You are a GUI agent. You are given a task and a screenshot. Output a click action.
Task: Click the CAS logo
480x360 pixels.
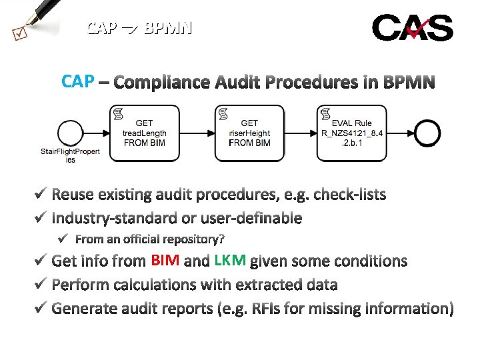[x=412, y=28]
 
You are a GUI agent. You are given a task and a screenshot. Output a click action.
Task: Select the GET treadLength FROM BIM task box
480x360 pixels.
[x=145, y=133]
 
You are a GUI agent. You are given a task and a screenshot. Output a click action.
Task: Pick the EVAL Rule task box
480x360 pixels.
[x=352, y=133]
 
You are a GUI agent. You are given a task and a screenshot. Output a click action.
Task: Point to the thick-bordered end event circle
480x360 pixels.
[x=427, y=133]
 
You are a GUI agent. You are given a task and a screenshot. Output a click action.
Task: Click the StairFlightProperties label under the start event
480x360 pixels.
[x=70, y=155]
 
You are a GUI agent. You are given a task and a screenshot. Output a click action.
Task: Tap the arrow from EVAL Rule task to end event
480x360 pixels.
[x=401, y=133]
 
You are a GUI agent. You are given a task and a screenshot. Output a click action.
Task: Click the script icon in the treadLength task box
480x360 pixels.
[x=119, y=113]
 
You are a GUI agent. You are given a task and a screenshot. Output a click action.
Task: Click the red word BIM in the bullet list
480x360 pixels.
[x=165, y=261]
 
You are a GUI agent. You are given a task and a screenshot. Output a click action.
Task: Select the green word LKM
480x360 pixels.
[x=230, y=261]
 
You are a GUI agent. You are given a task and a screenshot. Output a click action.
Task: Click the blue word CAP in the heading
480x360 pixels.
[x=77, y=82]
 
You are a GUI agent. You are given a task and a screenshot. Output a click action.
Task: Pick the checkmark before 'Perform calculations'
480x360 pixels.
[x=40, y=285]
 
